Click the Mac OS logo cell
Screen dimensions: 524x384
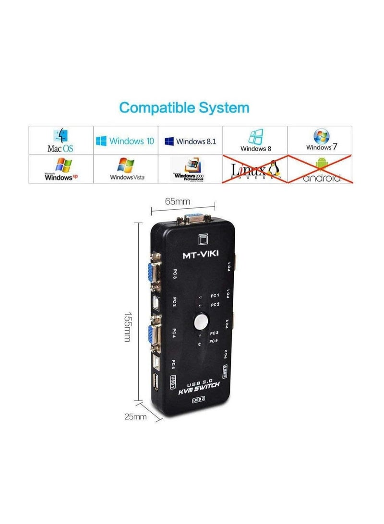(60, 140)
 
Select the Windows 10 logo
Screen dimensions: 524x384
(125, 141)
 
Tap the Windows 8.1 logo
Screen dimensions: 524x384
(190, 141)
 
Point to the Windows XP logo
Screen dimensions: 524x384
(61, 169)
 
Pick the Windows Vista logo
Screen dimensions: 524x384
(126, 169)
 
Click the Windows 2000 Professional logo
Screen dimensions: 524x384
(190, 169)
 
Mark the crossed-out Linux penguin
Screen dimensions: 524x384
(275, 169)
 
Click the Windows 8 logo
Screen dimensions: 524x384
(255, 140)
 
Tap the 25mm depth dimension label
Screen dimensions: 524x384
(135, 417)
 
